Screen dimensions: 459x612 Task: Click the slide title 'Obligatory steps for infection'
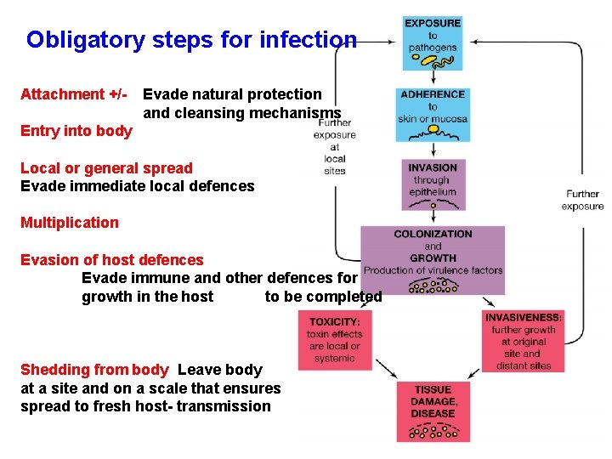click(191, 40)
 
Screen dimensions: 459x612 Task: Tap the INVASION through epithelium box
click(433, 180)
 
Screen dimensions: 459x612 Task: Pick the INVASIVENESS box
click(523, 340)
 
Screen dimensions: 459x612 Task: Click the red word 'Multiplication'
click(70, 223)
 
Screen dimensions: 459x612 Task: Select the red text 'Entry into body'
click(76, 131)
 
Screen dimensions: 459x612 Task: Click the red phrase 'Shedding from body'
click(94, 370)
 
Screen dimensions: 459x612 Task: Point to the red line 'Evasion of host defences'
click(112, 260)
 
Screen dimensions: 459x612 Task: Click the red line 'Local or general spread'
click(106, 168)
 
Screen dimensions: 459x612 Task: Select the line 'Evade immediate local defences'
click(137, 186)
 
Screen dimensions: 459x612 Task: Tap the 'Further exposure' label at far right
click(582, 200)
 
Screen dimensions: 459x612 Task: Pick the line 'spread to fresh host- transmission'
click(145, 406)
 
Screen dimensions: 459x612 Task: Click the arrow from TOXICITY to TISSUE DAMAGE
click(383, 366)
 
